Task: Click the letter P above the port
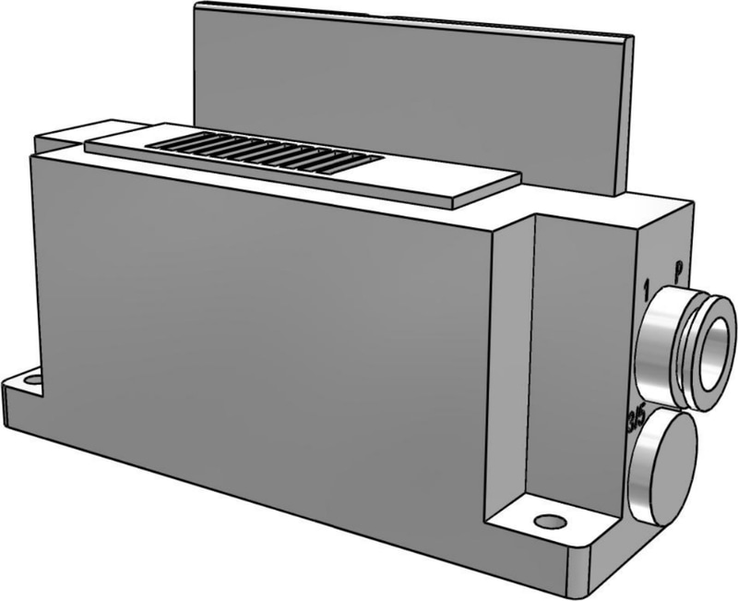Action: tap(679, 271)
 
